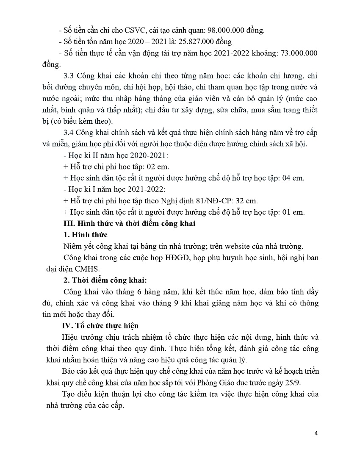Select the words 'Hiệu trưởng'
83,338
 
